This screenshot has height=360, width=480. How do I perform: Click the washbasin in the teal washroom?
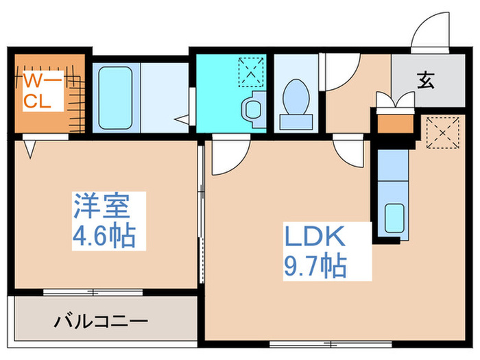(x=252, y=109)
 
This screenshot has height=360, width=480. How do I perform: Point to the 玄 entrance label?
(x=425, y=81)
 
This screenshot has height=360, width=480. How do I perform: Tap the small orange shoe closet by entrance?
(x=395, y=124)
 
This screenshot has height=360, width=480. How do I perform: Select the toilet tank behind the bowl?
(x=296, y=122)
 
